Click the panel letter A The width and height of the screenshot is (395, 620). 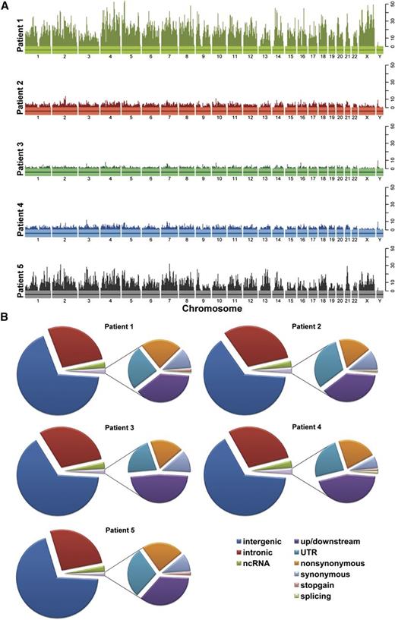click(6, 6)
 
